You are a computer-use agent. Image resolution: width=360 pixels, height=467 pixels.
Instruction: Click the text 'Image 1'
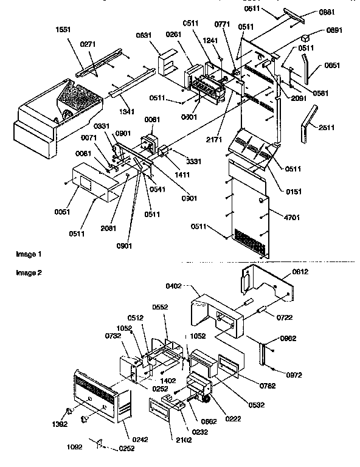(29, 252)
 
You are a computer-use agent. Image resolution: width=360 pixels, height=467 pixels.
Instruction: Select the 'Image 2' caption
(29, 272)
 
